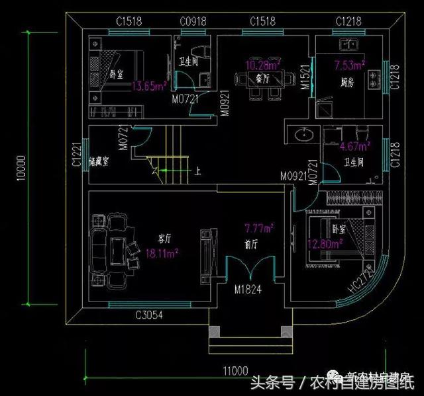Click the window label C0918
[x=192, y=22]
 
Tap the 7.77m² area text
[x=259, y=229]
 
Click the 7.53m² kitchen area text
[x=350, y=65]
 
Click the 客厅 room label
[x=165, y=237]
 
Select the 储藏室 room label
[x=99, y=160]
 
